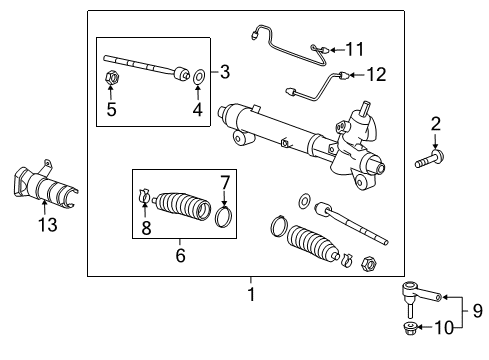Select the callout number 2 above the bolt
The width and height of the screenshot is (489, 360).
[435, 124]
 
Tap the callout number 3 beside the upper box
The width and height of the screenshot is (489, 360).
[225, 71]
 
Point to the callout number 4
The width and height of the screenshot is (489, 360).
[197, 110]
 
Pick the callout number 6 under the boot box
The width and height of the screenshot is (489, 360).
[181, 255]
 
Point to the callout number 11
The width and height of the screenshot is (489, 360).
[356, 48]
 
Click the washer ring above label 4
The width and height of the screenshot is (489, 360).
[197, 74]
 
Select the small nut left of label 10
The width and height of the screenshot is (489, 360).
[410, 327]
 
